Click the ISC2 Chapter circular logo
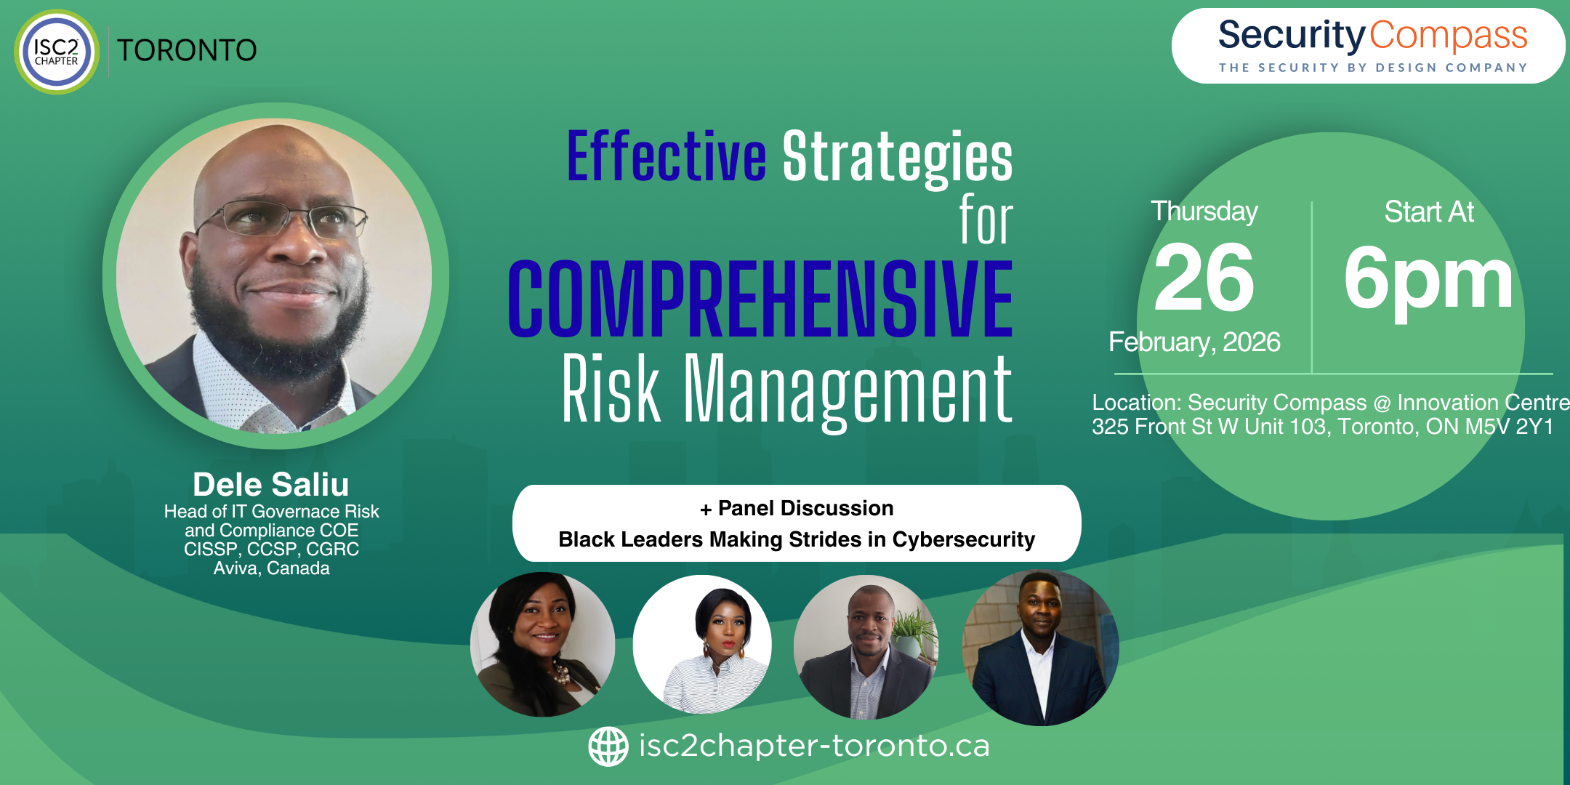pos(57,52)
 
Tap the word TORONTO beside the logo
pos(187,51)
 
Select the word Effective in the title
pos(666,156)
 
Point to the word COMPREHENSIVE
pos(760,299)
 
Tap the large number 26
pos(1204,278)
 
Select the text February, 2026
pos(1194,342)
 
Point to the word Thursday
pos(1204,212)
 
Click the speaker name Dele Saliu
pos(271,484)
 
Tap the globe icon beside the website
pos(608,746)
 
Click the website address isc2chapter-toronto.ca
pos(814,746)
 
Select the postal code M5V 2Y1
pos(1509,427)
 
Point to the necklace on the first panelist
pos(560,672)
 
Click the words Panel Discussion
pos(805,508)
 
